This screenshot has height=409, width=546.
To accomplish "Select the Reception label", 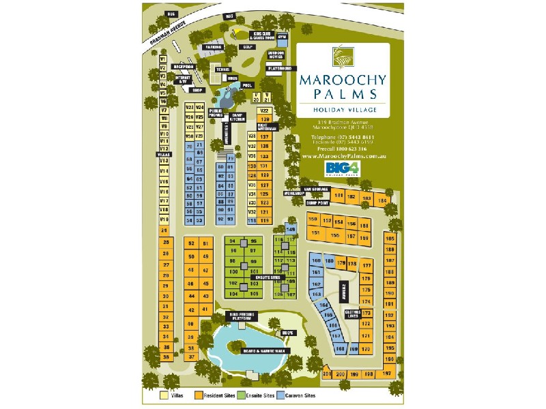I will coord(184,67).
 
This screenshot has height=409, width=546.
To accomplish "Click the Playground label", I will coord(280,69).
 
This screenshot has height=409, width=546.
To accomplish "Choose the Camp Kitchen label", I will coord(238,117).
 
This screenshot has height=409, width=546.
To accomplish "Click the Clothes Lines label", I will coord(353,315).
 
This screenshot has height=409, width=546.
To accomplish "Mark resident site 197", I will coord(387,374).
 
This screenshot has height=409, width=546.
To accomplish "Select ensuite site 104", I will coord(233,294).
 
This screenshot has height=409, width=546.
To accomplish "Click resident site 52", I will coord(191,244).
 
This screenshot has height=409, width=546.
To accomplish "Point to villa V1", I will coord(163,59).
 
